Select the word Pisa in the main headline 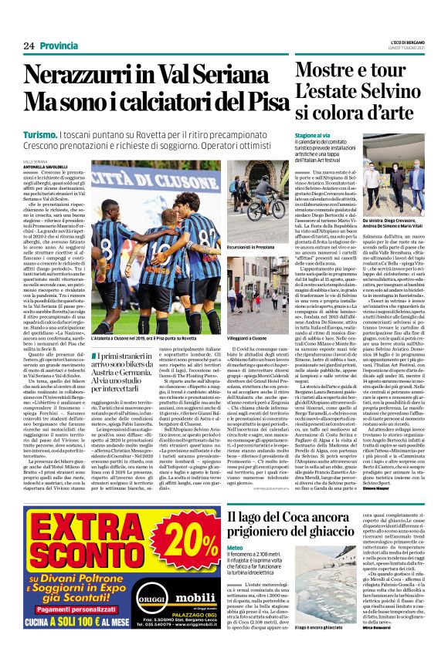252,102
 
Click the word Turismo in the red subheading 39,136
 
